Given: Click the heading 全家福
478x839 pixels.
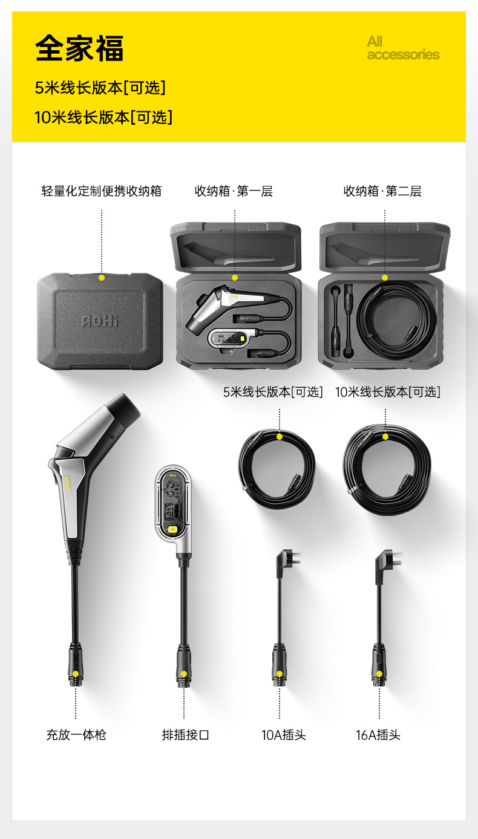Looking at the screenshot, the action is tap(79, 48).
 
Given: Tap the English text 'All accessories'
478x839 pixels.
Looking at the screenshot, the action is tap(403, 48).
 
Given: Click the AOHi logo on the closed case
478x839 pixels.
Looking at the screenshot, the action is tap(100, 321).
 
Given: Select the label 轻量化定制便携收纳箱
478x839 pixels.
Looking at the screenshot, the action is tap(101, 191).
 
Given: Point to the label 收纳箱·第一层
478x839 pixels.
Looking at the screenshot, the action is tap(234, 191).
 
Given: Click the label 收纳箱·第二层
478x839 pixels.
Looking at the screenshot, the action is tap(382, 191).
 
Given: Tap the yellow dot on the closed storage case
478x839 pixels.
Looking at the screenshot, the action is tap(102, 278).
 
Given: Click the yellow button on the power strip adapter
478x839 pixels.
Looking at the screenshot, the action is tap(172, 529).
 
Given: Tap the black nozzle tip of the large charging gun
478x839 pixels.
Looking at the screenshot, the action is tap(125, 410).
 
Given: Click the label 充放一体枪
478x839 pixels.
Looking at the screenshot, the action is tap(76, 735).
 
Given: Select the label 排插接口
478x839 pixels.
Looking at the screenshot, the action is tap(185, 735).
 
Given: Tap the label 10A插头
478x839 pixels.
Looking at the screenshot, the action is tap(284, 735).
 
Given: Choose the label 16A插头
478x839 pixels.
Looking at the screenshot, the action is tap(378, 735).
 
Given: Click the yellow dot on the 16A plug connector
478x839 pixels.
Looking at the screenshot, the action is tap(379, 674).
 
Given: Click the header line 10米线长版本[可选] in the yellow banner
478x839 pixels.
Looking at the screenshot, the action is tap(103, 117).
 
